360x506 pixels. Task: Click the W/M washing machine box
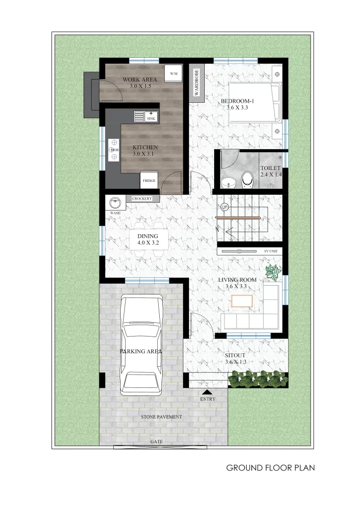(174, 74)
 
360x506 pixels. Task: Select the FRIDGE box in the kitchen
(149, 180)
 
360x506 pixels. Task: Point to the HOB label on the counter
(115, 150)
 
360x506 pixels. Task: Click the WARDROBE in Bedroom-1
(196, 83)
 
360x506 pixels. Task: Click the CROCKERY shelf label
(142, 199)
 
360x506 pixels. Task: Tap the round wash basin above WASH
(115, 203)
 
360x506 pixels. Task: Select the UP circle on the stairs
(225, 207)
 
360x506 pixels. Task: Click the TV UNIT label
(270, 251)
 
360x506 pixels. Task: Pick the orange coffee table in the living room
(241, 301)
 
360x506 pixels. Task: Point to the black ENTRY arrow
(207, 392)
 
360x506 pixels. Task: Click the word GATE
(156, 441)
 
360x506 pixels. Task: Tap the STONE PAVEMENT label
(161, 417)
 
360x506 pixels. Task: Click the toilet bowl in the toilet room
(247, 179)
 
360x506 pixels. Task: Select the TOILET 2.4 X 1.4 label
(271, 171)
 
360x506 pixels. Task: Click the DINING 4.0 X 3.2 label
(148, 240)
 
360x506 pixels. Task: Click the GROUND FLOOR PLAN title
(270, 467)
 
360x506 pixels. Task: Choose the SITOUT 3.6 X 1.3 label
(235, 359)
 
